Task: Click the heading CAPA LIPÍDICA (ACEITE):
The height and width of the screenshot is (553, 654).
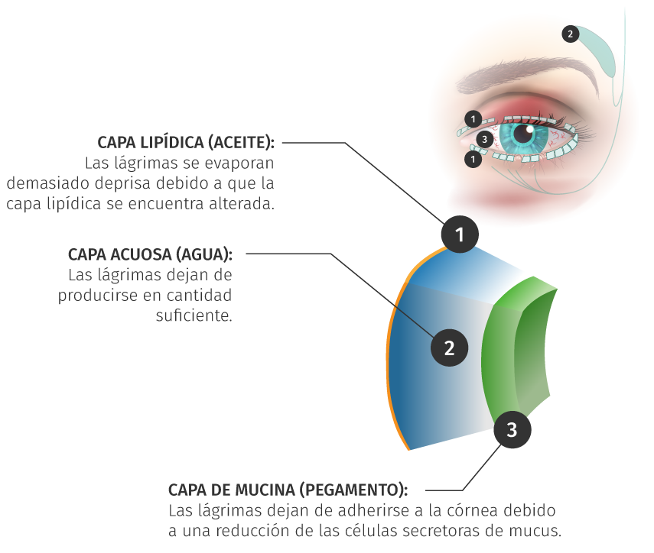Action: [186, 143]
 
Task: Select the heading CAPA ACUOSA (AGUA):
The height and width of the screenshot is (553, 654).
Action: [150, 254]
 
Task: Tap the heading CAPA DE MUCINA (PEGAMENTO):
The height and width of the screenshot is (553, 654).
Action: [288, 490]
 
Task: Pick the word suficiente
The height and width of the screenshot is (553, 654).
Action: [194, 315]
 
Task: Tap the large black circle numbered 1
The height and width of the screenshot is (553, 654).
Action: [460, 234]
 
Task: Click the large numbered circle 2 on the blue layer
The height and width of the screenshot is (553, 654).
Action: [449, 348]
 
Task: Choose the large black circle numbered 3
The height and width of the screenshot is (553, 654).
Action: [512, 429]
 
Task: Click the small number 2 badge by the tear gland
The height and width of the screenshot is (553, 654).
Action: [570, 34]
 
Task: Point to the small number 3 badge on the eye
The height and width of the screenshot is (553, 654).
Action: [484, 139]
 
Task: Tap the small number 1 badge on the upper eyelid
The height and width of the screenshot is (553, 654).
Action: [473, 119]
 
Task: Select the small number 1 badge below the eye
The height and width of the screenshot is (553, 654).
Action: [473, 159]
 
